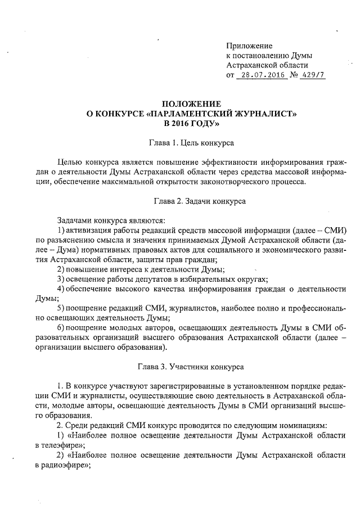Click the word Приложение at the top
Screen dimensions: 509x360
point(249,45)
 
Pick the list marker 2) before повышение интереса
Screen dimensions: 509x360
point(61,269)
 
